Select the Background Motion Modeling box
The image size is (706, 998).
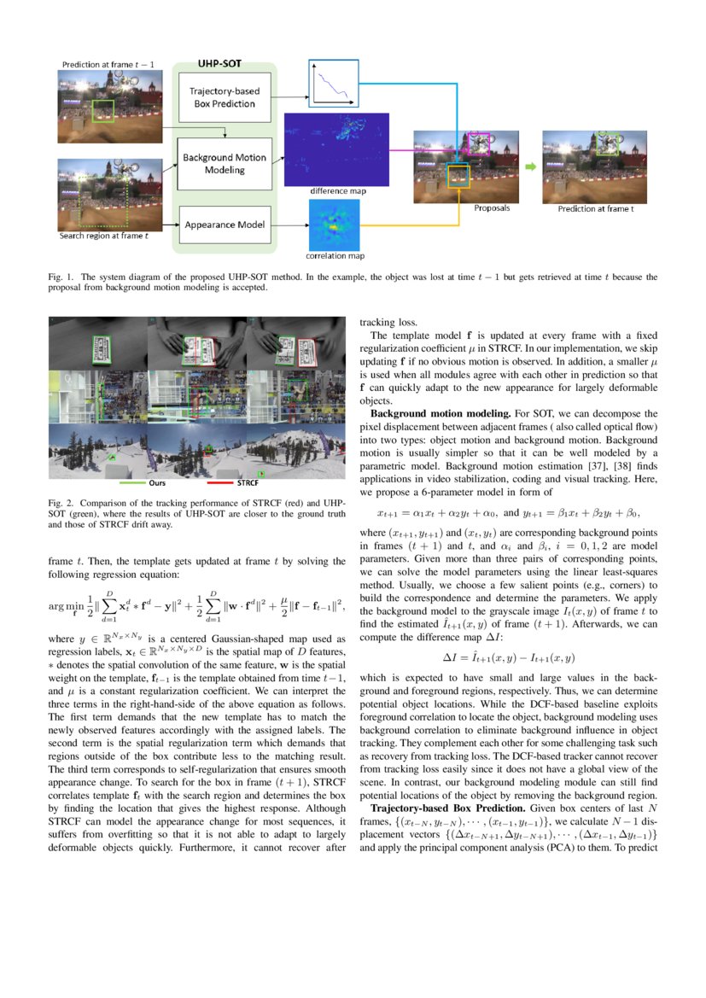point(225,164)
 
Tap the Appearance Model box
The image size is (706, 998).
point(225,225)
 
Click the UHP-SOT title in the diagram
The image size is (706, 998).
point(224,64)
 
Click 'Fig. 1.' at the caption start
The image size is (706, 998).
point(61,277)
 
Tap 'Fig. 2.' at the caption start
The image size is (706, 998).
point(61,502)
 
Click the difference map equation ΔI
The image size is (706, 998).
point(508,633)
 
